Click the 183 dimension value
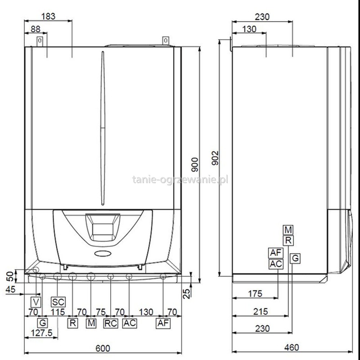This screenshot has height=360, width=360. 48,17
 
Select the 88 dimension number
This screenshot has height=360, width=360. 36,29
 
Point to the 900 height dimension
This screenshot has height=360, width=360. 195,164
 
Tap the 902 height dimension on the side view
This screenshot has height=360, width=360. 216,158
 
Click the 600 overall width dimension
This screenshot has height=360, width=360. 103,348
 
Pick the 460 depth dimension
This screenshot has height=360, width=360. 292,347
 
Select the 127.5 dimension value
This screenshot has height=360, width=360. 41,333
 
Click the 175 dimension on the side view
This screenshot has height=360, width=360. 255,294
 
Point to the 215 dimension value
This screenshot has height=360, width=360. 261,311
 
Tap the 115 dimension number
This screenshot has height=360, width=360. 58,312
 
